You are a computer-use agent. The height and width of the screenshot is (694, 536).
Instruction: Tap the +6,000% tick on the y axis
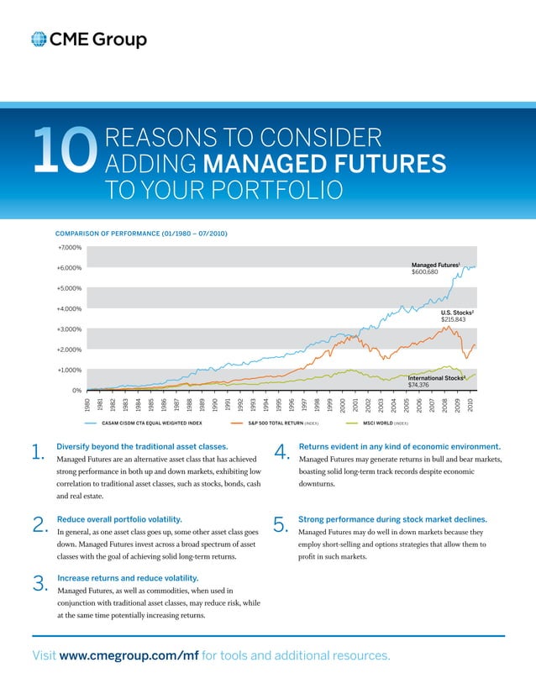[x=70, y=268]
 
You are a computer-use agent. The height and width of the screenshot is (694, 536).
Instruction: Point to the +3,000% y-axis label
[x=70, y=329]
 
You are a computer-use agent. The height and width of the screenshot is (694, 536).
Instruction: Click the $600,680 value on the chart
[x=427, y=273]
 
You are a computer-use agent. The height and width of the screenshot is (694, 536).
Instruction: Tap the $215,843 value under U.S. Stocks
[x=454, y=320]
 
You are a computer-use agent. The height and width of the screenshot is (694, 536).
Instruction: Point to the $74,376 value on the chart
[x=419, y=386]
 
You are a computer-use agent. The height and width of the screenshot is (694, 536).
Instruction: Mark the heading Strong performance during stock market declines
[x=398, y=520]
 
